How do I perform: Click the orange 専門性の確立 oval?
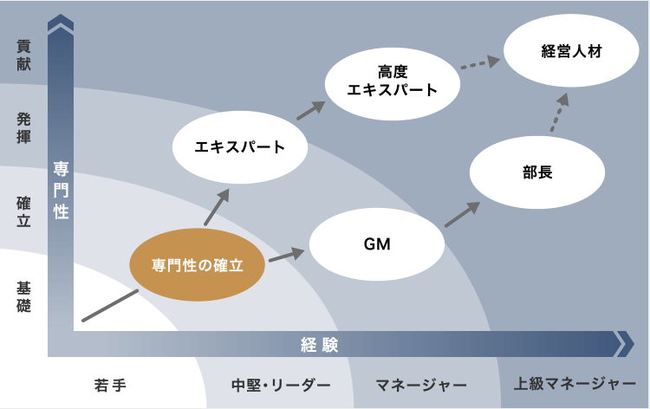coord(197,264)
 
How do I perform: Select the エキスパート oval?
coord(241,146)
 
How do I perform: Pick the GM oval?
coord(377,244)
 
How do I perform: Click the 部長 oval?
coord(537,172)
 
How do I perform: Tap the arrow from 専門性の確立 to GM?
coord(287,255)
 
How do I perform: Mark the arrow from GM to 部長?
coord(463,215)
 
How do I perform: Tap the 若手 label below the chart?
coord(110,384)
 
